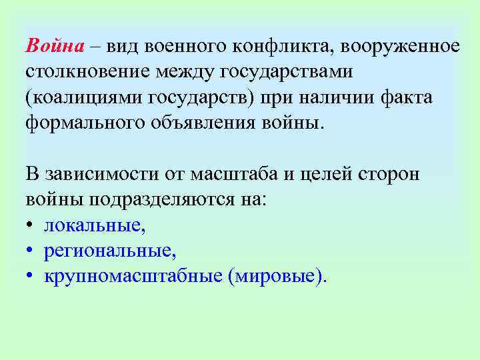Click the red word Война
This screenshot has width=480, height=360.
55,46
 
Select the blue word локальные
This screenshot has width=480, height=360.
94,226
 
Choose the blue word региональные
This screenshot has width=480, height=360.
110,251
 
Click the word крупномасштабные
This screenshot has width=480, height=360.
133,277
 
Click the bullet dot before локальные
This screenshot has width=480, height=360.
31,226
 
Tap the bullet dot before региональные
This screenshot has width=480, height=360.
31,251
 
